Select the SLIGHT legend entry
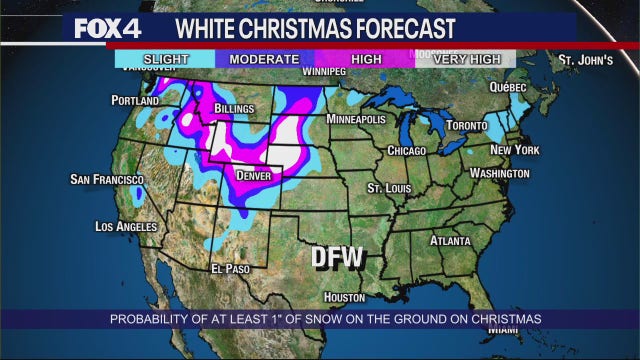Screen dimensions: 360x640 [x=164, y=59]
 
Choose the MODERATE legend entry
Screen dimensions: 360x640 [x=264, y=59]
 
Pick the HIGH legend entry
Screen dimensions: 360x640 [x=366, y=59]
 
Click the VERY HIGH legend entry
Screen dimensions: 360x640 [x=467, y=59]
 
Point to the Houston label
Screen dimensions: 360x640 [x=343, y=297]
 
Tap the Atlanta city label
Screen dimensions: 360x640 [x=450, y=241]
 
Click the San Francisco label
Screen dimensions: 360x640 [x=102, y=179]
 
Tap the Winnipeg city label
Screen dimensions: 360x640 [x=324, y=72]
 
